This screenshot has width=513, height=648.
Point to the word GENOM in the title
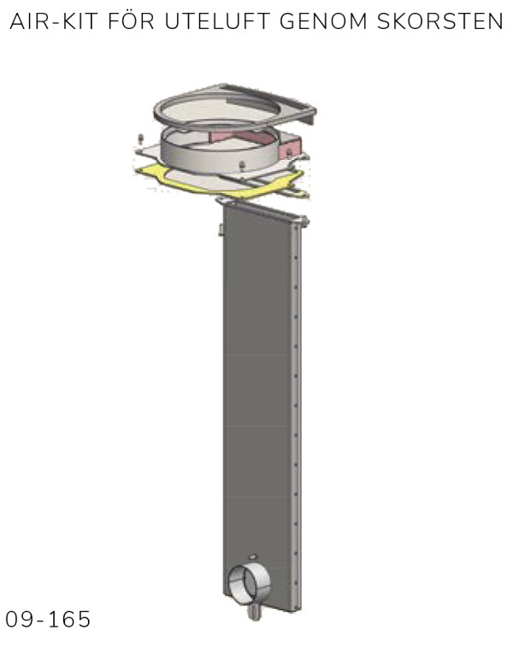[323, 21]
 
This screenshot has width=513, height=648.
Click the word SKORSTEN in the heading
[439, 21]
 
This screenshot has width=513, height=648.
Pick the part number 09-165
[48, 619]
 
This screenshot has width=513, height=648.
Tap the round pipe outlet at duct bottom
[250, 585]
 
